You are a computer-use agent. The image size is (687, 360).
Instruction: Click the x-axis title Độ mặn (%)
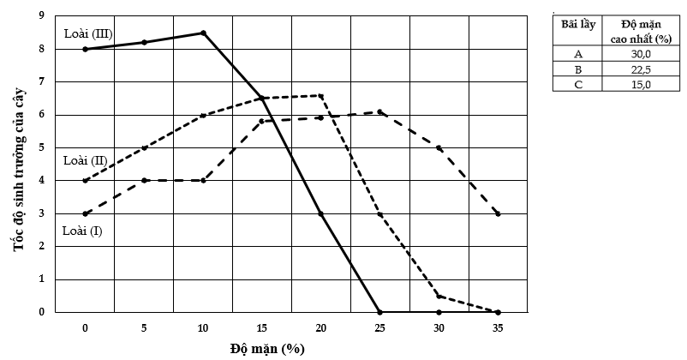(267, 349)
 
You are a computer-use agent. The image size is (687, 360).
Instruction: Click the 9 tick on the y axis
(42, 16)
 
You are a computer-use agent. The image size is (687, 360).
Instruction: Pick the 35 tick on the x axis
(498, 327)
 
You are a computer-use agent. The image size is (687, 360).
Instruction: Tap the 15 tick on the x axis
(262, 327)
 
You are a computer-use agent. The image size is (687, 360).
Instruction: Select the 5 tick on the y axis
(42, 147)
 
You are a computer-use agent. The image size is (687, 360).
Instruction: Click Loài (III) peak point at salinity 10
(203, 33)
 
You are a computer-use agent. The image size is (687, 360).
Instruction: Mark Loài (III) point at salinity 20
(321, 213)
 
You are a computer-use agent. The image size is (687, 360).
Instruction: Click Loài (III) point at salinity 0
(85, 49)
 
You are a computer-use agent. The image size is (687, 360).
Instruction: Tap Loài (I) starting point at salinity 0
(85, 213)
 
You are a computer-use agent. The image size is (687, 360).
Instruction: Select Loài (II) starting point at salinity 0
(85, 180)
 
